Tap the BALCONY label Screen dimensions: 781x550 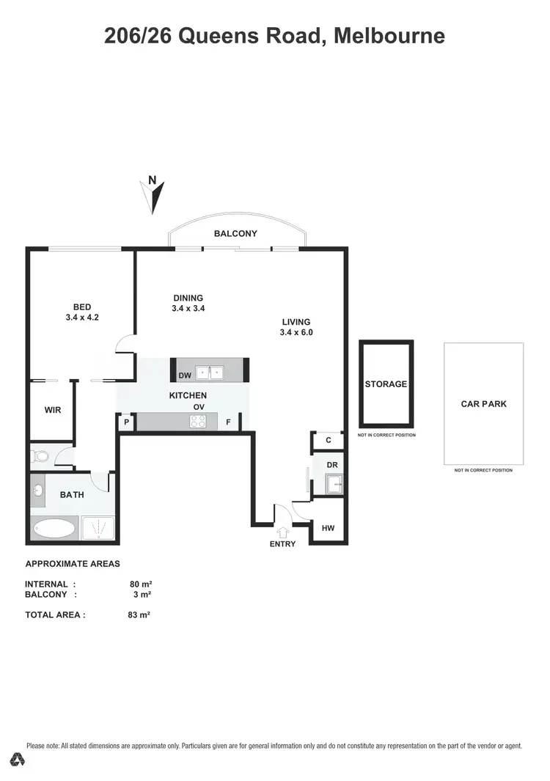[235, 234]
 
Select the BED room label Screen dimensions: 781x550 [81, 307]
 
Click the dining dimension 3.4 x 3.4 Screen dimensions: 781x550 [188, 309]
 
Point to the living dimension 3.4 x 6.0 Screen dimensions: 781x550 [296, 332]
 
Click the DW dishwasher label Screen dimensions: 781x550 [185, 375]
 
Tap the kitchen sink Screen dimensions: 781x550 [215, 372]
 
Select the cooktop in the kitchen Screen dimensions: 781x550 [198, 421]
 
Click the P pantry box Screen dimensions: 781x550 [126, 422]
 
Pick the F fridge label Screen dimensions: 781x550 [228, 422]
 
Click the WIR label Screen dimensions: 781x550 [52, 411]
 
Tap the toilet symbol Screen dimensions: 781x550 [40, 457]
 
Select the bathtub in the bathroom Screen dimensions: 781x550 [55, 528]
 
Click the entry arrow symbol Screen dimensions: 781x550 [282, 532]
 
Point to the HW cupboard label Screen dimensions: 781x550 [328, 527]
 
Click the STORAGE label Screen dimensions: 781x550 [386, 384]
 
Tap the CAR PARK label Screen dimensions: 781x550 [483, 404]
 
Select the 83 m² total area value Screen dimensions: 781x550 [139, 615]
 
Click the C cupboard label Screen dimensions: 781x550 [329, 440]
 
